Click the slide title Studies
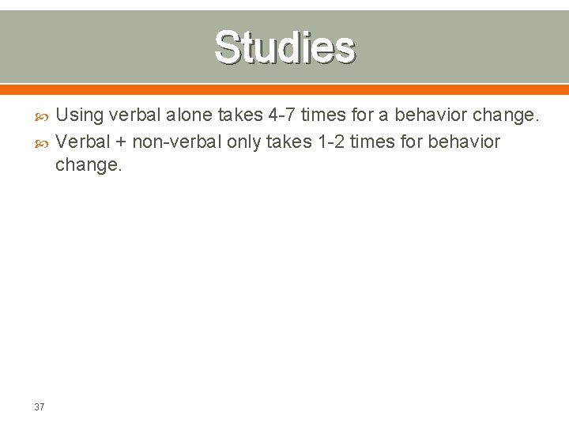click(284, 47)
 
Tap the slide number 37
click(40, 407)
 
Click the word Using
click(79, 115)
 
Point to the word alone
click(187, 115)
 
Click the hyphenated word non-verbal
click(176, 142)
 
